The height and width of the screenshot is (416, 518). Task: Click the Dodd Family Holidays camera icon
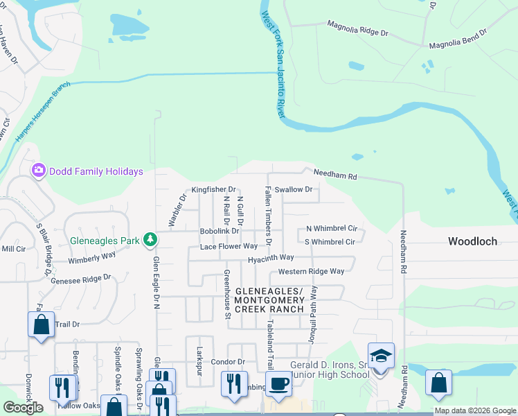(39, 171)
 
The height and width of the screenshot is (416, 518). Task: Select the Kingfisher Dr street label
(214, 189)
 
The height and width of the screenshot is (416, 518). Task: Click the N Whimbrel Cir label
(331, 228)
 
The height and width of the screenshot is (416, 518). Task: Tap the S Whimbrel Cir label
(330, 242)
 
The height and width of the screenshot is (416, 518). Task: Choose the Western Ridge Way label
(311, 271)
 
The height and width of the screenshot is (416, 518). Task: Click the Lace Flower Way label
(229, 245)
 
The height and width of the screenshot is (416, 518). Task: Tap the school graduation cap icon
(381, 356)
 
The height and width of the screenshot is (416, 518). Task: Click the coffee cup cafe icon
(279, 383)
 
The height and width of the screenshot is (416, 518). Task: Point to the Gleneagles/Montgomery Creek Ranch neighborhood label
(269, 300)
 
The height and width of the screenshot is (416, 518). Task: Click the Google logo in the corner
(23, 408)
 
